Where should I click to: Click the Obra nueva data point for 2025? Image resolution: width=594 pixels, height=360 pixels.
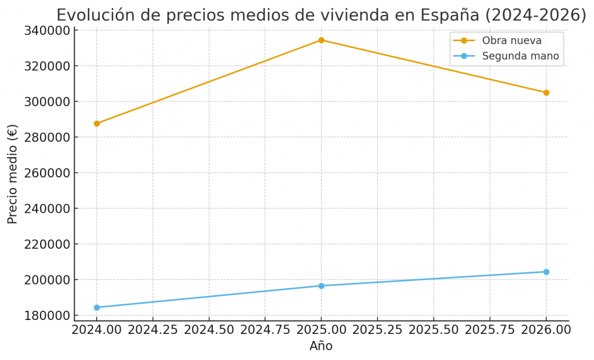point(321,40)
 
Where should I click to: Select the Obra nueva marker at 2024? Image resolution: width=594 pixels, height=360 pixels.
point(97,123)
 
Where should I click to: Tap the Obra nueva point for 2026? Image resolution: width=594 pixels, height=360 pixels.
point(546,93)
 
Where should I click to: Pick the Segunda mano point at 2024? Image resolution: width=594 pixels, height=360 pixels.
point(97,307)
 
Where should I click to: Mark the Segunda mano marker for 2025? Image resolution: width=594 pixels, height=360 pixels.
point(321,286)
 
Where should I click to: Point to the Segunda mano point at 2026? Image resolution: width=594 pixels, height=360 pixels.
point(546,272)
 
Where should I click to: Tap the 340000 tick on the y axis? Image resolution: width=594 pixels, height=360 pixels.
point(47,30)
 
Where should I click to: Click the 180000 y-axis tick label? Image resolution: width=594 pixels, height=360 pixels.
point(47,315)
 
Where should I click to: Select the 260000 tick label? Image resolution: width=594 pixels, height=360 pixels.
point(47,173)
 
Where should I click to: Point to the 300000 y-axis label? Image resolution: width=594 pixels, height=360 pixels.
point(47,101)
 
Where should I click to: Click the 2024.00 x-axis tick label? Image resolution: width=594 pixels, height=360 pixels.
point(97,329)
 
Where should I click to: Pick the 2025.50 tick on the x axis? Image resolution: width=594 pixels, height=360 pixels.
point(433,329)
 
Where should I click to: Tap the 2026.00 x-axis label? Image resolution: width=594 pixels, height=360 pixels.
point(546,329)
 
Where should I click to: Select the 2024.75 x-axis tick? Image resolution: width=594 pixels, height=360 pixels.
point(265,329)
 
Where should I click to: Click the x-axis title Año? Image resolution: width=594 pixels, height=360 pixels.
point(321,346)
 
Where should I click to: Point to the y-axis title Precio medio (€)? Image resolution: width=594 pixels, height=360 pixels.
point(13,173)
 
